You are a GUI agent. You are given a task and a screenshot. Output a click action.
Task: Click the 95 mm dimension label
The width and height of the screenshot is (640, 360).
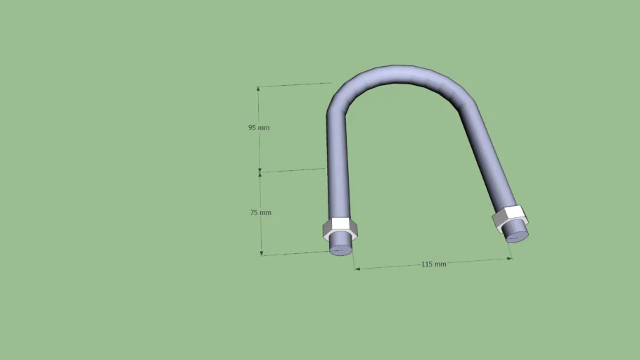258,128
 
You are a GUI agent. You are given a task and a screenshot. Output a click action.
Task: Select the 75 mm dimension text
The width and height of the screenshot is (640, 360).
260,212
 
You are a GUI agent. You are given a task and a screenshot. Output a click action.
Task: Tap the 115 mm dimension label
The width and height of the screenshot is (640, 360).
433,264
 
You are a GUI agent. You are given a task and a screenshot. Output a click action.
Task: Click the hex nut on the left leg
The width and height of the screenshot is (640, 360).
340,231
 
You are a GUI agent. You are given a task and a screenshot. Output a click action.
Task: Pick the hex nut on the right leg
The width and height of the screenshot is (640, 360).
509,219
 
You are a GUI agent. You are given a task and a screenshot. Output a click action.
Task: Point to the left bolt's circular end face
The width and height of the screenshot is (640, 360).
342,248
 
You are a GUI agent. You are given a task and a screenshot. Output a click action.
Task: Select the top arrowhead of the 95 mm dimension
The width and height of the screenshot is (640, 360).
258,89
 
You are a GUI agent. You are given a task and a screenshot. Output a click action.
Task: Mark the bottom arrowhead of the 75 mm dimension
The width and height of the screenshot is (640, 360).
262,252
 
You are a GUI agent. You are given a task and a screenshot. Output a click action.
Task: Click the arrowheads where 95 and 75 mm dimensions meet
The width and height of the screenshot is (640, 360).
260,171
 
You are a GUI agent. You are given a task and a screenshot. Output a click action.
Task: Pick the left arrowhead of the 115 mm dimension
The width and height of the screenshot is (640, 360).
357,269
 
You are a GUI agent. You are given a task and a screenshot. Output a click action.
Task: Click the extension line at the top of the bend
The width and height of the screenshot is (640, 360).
295,85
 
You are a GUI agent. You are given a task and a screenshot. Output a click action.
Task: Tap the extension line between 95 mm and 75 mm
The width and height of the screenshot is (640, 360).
293,169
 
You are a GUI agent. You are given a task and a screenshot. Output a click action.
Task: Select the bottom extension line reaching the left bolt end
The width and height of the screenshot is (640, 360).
295,253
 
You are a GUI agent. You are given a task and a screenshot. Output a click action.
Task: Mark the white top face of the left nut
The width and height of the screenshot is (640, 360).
341,224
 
